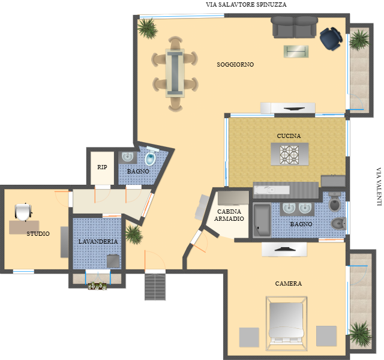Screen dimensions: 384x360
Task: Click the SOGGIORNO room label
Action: pyautogui.click(x=235, y=65)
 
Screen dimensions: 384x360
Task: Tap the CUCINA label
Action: pyautogui.click(x=289, y=136)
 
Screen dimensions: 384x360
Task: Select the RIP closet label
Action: pyautogui.click(x=102, y=167)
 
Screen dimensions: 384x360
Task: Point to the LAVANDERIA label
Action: pyautogui.click(x=98, y=241)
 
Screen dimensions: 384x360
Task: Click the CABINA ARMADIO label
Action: pyautogui.click(x=229, y=215)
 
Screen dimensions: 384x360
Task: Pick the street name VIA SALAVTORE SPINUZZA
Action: pyautogui.click(x=246, y=4)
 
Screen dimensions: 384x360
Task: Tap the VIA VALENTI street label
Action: pyautogui.click(x=379, y=187)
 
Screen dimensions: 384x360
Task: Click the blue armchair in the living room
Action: pyautogui.click(x=331, y=38)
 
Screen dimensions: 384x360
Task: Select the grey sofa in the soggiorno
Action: pyautogui.click(x=295, y=27)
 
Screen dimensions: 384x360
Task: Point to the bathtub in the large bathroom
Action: pyautogui.click(x=262, y=220)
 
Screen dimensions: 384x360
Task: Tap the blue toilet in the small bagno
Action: pyautogui.click(x=151, y=157)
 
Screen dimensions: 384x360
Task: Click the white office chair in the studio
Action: pyautogui.click(x=23, y=212)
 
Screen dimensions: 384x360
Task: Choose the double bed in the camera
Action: pyautogui.click(x=286, y=324)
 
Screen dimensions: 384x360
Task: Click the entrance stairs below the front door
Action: pyautogui.click(x=155, y=287)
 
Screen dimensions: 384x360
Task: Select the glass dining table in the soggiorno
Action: pyautogui.click(x=175, y=73)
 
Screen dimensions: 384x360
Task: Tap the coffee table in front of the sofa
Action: pyautogui.click(x=296, y=52)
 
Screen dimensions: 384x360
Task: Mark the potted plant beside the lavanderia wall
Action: pyautogui.click(x=134, y=235)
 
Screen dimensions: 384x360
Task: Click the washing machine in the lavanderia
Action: pyautogui.click(x=113, y=261)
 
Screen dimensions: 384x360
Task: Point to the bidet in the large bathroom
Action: pyautogui.click(x=338, y=223)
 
